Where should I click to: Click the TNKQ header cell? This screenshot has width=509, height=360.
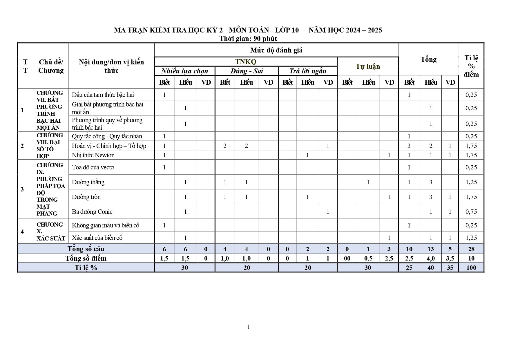(x=246, y=61)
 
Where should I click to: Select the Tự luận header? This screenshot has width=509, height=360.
(x=368, y=66)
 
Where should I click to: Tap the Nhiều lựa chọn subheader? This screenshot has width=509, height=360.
(x=184, y=71)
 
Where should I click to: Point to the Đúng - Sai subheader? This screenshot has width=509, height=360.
(x=247, y=71)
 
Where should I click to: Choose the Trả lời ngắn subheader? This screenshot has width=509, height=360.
(x=308, y=71)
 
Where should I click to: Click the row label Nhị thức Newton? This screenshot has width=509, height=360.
(x=93, y=155)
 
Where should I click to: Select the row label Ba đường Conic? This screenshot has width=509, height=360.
(x=92, y=212)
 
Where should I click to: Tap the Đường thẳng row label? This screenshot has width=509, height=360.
(x=88, y=182)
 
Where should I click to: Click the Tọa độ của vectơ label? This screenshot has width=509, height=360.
(x=93, y=167)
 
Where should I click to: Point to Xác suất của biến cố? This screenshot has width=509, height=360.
(x=97, y=238)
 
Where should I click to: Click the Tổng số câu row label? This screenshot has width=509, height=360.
(x=86, y=249)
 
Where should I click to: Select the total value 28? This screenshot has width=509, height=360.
(x=471, y=249)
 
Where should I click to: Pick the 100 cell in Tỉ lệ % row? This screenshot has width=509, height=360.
(x=471, y=267)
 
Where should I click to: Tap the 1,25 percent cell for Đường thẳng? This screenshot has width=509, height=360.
(x=471, y=182)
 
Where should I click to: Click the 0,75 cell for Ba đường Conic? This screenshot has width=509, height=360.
(x=471, y=212)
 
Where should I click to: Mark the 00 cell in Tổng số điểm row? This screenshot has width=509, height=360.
(x=347, y=258)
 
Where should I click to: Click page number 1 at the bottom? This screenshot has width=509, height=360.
(x=248, y=327)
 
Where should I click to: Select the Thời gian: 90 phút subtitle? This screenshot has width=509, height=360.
(x=248, y=39)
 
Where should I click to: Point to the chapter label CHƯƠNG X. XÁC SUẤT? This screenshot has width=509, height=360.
(x=50, y=231)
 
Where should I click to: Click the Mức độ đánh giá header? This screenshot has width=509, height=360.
(x=276, y=50)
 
